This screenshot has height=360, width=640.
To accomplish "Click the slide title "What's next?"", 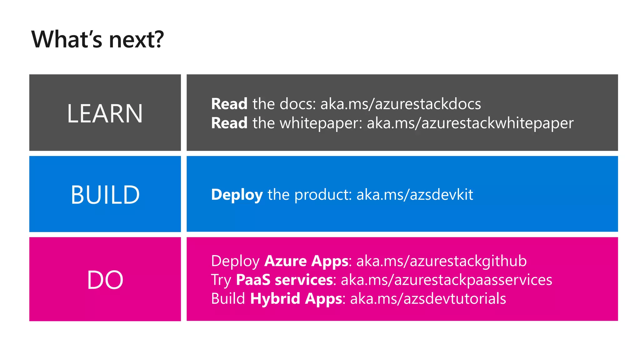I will tap(97, 40).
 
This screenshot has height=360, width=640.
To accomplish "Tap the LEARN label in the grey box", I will tap(105, 113).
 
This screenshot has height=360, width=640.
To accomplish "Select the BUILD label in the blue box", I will tap(105, 195).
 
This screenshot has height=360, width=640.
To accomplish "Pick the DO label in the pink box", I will tap(105, 280).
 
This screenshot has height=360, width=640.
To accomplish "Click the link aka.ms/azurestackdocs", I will tap(401, 104).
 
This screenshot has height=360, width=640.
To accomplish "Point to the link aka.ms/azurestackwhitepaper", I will tap(470, 123).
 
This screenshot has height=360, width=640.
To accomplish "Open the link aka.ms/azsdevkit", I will tap(415, 195).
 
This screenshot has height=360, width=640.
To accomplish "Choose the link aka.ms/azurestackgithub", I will tap(441, 261).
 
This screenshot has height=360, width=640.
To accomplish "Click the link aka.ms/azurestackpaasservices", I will tap(446, 280).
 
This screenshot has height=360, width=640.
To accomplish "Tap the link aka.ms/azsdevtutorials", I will tap(428, 299).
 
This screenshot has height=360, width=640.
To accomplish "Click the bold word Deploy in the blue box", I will tap(237, 195).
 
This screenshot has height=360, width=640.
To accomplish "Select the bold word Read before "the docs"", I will tap(229, 104).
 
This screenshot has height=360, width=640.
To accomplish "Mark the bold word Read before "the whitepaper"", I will tap(229, 123).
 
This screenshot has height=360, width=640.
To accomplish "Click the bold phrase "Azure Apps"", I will tap(306, 261).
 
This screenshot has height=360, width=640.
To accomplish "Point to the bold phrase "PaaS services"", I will tap(284, 280).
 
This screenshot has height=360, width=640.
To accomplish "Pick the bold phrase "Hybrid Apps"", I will tap(296, 299).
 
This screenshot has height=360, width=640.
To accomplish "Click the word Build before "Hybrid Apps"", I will tap(228, 299).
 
